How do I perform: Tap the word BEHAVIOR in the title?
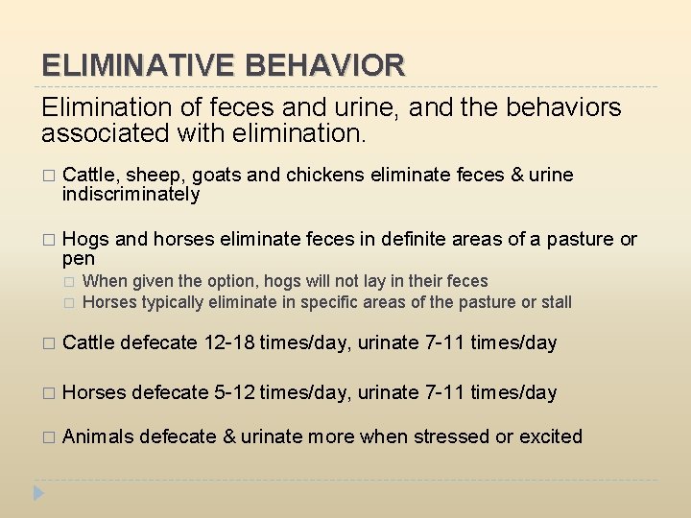pos(326,66)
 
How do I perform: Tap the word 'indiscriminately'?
pos(131,195)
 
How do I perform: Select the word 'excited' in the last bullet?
pos(551,436)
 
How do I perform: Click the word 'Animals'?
pos(98,436)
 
